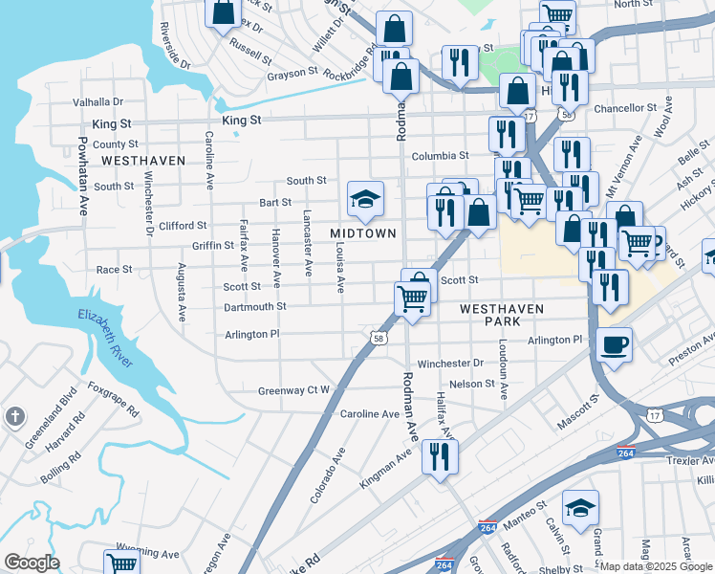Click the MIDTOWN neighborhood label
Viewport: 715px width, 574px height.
point(362,234)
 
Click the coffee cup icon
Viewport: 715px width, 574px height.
point(614,344)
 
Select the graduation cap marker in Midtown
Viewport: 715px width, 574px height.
point(365,199)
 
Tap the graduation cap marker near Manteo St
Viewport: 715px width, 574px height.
point(580,509)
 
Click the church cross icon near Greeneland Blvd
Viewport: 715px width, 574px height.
point(14,416)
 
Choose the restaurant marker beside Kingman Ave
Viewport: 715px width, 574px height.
point(440,455)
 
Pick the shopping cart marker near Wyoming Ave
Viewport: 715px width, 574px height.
point(122,563)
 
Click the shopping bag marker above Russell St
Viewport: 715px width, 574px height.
point(223,12)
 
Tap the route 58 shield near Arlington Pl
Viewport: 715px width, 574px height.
point(379,338)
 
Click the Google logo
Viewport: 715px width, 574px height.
point(32,562)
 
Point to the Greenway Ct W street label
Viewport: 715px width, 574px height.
point(293,390)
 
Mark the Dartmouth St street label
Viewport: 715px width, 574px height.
point(254,306)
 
